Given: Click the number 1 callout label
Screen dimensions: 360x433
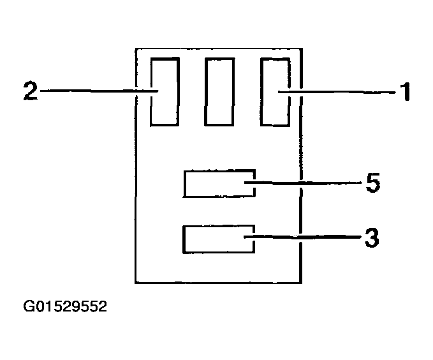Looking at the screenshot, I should coord(404,93).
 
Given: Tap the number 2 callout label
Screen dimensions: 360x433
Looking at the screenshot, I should coord(29,92).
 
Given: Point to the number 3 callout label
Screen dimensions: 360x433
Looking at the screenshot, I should coord(372,238).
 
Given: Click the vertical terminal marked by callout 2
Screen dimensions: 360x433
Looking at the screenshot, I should coord(165,91).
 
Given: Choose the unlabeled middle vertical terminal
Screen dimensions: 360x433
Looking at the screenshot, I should coord(219,91).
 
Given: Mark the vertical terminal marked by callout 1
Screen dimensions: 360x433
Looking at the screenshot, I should coord(274,91).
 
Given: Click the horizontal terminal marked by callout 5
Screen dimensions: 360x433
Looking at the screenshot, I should coord(219,184).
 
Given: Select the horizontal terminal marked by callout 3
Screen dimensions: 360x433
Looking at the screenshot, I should coord(219,239).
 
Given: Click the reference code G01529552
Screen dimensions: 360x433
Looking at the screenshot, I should coord(65,307).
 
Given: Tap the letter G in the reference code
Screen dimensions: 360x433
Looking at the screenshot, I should coord(29,307).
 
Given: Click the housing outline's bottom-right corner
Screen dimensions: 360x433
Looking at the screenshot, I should coord(301,281).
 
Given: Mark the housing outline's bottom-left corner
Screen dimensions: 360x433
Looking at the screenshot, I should coord(136,281).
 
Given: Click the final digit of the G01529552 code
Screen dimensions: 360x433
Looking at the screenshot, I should coord(102,307).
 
